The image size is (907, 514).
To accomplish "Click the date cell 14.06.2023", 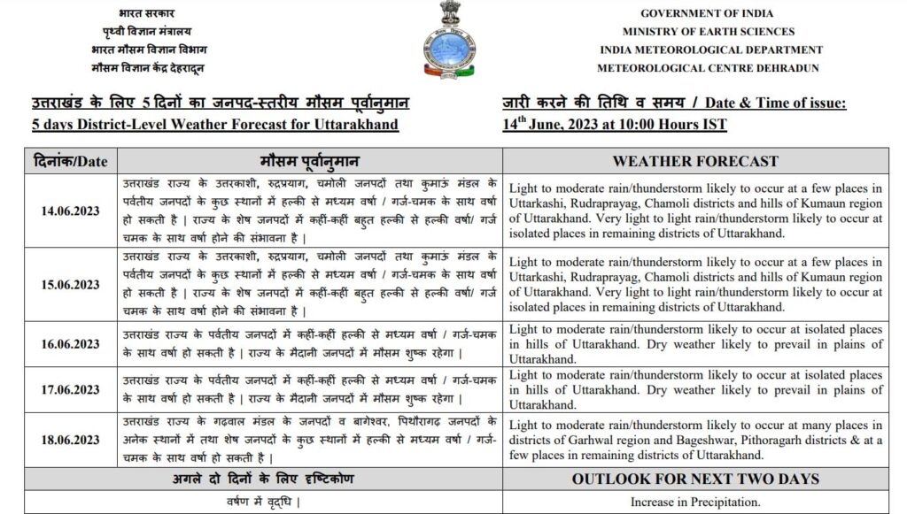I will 70,211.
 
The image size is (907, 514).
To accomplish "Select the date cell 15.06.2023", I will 70,285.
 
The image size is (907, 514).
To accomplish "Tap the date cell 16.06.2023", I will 70,344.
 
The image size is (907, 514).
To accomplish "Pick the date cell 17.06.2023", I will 70,389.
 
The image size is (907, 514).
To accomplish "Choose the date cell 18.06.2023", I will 70,440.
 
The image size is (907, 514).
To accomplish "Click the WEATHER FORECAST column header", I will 695,161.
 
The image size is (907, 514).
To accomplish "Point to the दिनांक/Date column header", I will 70,161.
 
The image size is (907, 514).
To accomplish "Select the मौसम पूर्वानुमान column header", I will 309,161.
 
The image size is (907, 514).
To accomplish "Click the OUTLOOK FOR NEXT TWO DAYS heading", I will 695,479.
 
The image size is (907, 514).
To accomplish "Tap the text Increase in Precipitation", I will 695,502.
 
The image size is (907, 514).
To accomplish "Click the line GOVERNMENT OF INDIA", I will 707,13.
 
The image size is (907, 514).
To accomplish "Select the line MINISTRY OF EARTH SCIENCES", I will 708,32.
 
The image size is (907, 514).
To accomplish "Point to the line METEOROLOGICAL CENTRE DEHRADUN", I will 708,68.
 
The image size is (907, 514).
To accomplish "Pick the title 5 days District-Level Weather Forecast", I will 214,124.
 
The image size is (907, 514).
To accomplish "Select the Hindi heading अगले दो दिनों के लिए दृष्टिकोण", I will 262,479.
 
